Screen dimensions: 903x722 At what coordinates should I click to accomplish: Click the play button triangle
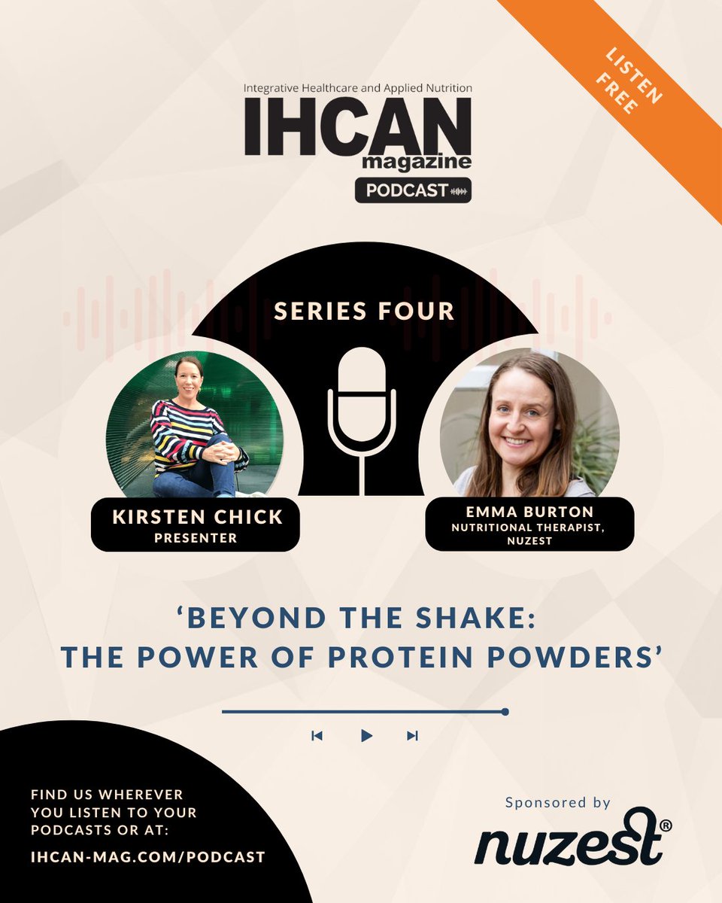(x=366, y=736)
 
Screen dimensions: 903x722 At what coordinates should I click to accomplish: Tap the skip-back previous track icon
(x=317, y=736)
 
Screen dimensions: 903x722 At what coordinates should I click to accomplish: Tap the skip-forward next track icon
(x=412, y=736)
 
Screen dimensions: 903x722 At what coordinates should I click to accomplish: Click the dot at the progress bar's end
(x=505, y=711)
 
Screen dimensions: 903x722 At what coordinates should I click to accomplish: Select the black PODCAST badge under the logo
(x=413, y=190)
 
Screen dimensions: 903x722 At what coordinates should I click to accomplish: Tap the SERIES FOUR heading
(x=364, y=312)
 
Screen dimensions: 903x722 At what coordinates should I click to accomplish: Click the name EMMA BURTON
(x=529, y=512)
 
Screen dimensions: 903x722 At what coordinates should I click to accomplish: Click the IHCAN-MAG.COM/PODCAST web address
(x=148, y=857)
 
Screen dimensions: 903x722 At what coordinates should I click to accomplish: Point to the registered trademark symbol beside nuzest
(x=665, y=825)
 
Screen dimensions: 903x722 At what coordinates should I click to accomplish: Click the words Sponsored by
(x=557, y=803)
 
